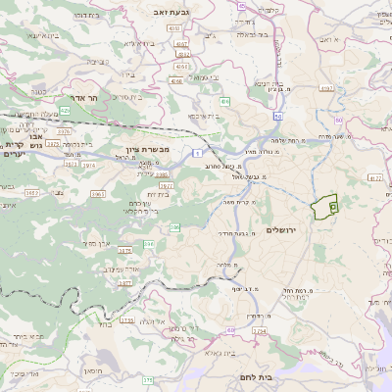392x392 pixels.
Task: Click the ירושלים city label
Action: tap(280, 229)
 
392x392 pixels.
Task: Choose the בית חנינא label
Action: tap(269, 83)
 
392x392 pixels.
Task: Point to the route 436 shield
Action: tap(225, 101)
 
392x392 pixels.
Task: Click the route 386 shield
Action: tap(175, 227)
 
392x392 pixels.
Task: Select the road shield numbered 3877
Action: tap(124, 282)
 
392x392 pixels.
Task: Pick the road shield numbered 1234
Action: tap(259, 332)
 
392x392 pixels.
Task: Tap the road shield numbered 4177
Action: tap(375, 177)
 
